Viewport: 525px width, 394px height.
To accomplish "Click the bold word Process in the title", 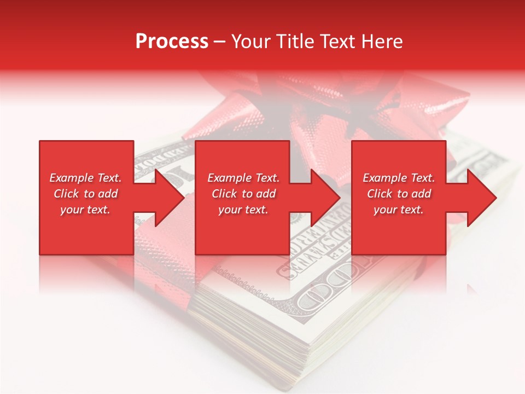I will tap(172, 42).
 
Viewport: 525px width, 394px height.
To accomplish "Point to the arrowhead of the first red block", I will tap(167, 198).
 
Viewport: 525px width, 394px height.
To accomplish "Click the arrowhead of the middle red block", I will tap(323, 198).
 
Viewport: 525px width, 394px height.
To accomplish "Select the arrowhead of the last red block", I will tap(479, 198).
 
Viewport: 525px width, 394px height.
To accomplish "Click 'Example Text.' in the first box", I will tap(85, 178).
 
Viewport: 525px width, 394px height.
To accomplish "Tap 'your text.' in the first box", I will tap(85, 210).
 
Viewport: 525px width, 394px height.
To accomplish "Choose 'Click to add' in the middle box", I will tap(243, 194).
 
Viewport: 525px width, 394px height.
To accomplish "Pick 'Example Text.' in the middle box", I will tap(243, 178).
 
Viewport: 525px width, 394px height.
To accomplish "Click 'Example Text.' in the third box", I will tap(399, 178).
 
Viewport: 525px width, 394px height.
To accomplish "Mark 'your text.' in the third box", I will tap(399, 210).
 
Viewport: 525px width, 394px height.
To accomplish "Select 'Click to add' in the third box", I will tap(399, 194).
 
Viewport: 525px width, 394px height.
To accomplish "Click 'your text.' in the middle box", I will tap(243, 210).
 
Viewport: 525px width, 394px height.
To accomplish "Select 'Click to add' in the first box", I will tap(85, 194).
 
